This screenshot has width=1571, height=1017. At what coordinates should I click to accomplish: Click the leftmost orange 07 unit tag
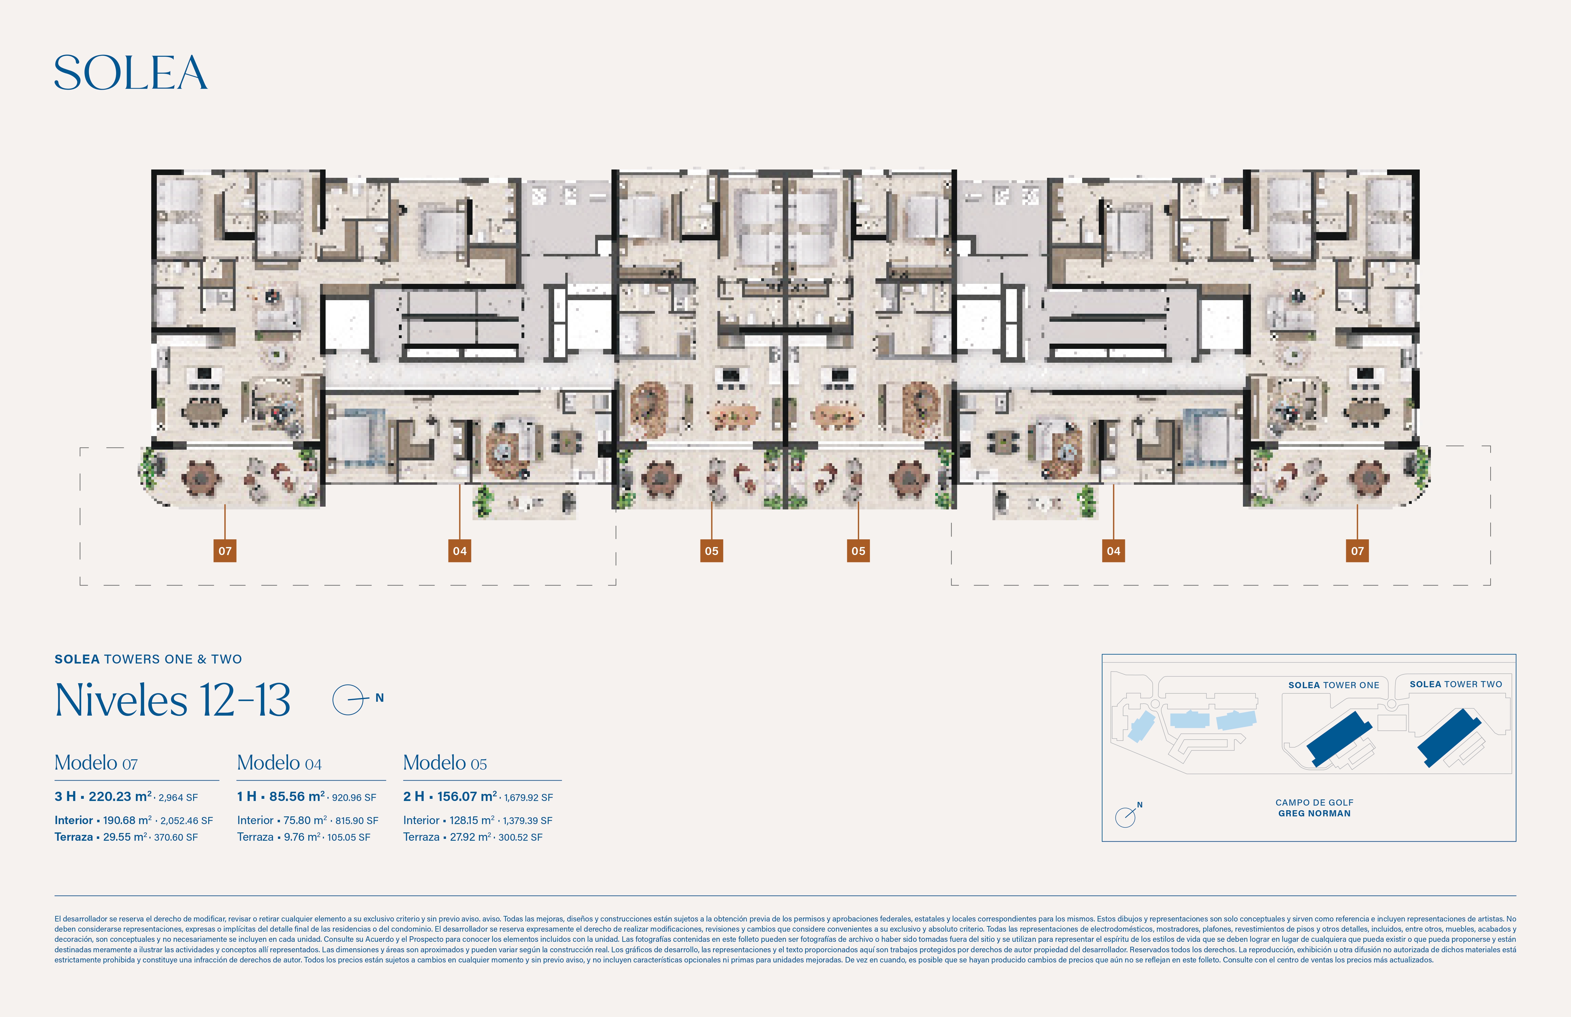[x=225, y=551]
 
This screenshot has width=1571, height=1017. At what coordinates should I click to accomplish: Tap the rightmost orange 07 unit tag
[x=1357, y=551]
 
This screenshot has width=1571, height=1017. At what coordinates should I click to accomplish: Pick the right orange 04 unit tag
[x=1114, y=551]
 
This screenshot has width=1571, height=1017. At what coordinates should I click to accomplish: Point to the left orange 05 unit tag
[x=712, y=551]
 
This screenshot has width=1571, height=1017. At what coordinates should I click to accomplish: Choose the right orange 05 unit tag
[x=858, y=551]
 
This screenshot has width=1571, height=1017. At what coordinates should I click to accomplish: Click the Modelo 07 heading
[x=96, y=763]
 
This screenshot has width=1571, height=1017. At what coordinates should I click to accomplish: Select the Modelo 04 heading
[x=279, y=763]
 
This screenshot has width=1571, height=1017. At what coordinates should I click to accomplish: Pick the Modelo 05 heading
[x=445, y=763]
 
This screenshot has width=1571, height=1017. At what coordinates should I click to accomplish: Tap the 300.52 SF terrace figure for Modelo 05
[x=520, y=837]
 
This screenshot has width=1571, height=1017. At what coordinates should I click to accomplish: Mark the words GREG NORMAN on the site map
[x=1314, y=814]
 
